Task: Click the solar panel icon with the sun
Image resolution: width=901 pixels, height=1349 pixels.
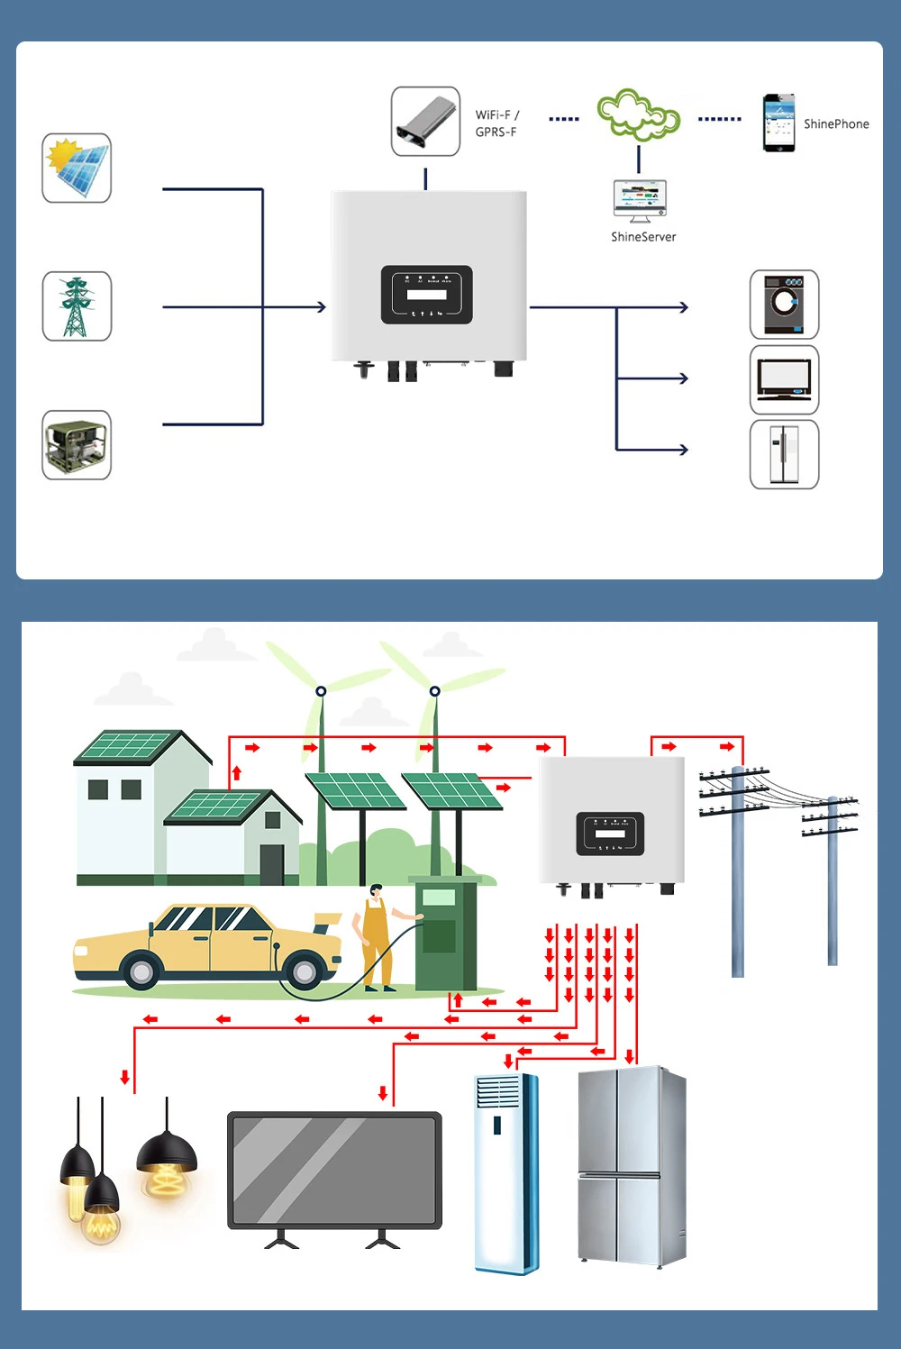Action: [77, 168]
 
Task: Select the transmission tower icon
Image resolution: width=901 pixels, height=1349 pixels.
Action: [77, 306]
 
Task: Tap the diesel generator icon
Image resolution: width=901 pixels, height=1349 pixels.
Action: [77, 445]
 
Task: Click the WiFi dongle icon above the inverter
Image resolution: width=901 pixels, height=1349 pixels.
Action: [425, 122]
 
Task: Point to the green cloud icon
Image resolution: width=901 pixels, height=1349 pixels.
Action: [638, 114]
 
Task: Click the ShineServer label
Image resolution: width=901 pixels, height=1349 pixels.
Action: [643, 237]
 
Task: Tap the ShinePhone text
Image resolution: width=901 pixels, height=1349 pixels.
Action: [836, 124]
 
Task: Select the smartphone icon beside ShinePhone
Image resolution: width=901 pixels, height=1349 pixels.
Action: [778, 123]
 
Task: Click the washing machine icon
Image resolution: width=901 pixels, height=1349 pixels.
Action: [784, 305]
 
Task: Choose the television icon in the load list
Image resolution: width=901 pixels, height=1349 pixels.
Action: [784, 379]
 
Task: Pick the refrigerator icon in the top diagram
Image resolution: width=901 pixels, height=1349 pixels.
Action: [784, 454]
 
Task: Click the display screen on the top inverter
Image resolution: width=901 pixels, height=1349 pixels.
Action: [427, 295]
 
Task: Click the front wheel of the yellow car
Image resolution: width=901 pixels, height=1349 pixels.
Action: [141, 971]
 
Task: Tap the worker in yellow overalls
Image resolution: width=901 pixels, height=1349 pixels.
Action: [378, 937]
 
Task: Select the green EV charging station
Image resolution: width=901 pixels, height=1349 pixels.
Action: [442, 933]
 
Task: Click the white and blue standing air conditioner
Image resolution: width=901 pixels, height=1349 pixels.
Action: [506, 1171]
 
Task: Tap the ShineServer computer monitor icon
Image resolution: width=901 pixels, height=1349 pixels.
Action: [639, 199]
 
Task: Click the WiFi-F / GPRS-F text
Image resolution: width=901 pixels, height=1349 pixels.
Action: [497, 123]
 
